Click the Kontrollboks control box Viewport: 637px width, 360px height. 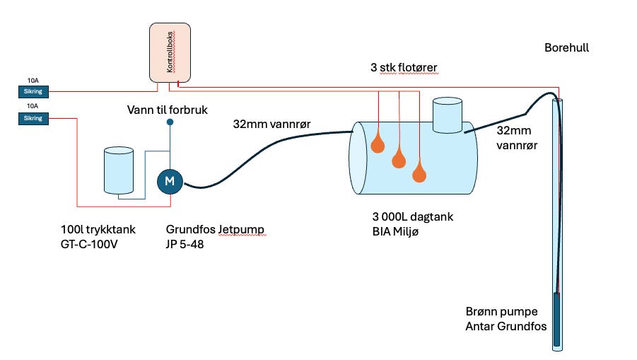pos(170,52)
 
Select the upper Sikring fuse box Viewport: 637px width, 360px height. pos(33,91)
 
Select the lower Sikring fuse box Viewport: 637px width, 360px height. pos(33,118)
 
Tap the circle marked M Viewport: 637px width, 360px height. pos(170,181)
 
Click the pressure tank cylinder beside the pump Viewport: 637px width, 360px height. pos(119,170)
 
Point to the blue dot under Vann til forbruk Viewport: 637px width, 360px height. pos(170,122)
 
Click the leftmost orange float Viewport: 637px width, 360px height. pos(378,144)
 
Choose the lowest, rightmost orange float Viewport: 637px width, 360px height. pos(419,173)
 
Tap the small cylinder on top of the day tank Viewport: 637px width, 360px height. pos(448,115)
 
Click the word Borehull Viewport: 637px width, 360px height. pos(567,47)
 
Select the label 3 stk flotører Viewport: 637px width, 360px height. pos(404,67)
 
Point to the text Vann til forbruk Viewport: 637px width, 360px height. pos(168,110)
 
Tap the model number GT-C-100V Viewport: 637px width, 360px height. pos(89,244)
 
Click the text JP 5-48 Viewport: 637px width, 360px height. pos(185,244)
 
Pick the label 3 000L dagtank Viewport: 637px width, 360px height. pos(413,216)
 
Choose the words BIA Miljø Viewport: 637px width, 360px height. pos(395,231)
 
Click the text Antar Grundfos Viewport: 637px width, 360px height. pos(506,326)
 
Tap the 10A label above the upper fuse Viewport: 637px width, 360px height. pos(33,81)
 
